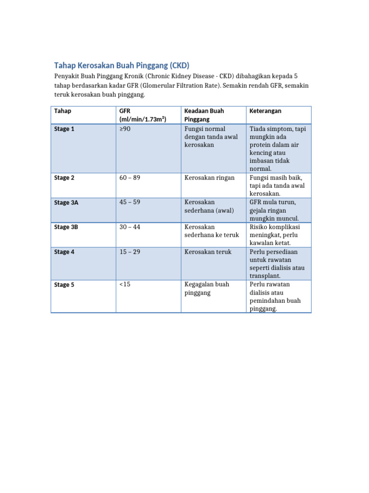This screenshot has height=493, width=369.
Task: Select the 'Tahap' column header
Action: [x=62, y=111]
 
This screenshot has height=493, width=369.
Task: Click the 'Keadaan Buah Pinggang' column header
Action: [x=204, y=115]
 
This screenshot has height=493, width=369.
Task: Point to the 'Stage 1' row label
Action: [x=64, y=129]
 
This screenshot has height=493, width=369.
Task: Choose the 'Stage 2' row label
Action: [x=64, y=178]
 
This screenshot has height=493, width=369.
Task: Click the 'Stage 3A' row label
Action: [x=66, y=203]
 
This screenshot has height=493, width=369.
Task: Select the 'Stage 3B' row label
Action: [x=66, y=227]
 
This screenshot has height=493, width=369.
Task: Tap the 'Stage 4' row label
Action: [x=64, y=252]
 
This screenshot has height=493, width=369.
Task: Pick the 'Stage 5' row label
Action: [x=64, y=285]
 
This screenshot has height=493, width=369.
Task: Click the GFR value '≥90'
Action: [x=124, y=129]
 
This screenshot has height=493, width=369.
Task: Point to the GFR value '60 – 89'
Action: [x=130, y=178]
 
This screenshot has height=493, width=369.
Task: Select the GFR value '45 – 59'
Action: [x=130, y=202]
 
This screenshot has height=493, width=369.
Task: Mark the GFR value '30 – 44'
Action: [x=130, y=227]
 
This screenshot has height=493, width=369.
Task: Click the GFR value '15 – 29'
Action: [x=130, y=252]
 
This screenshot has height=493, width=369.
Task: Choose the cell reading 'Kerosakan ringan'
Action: [x=209, y=178]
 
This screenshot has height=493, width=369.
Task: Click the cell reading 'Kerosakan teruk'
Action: [x=208, y=252]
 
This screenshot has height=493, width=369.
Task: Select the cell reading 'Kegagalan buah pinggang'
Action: [x=207, y=288]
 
